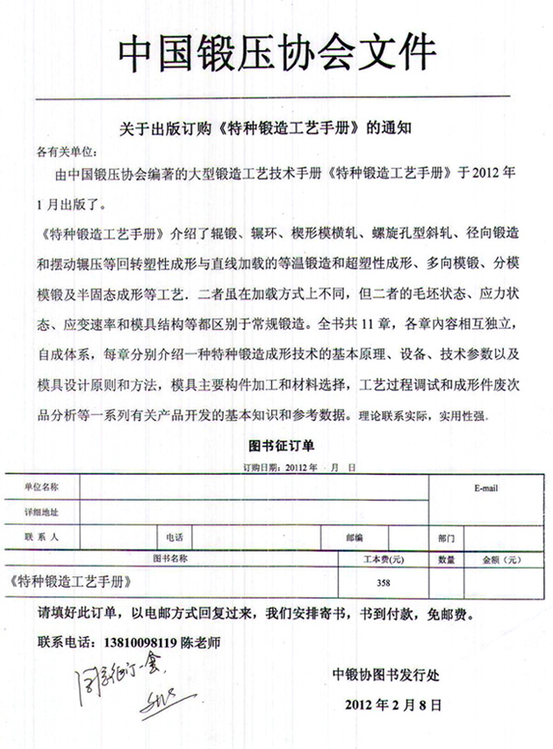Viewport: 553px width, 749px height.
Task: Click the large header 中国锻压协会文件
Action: coord(276,54)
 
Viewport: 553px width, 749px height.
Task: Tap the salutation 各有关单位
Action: coord(66,150)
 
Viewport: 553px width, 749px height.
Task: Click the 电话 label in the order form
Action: coord(174,535)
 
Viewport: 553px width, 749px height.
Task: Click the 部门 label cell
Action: coord(446,536)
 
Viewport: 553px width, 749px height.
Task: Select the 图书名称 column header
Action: coord(170,558)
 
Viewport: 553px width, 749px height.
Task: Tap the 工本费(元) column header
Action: coord(384,558)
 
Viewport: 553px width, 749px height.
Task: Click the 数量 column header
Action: coord(446,559)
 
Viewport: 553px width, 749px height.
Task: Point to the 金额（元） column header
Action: coord(497,559)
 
